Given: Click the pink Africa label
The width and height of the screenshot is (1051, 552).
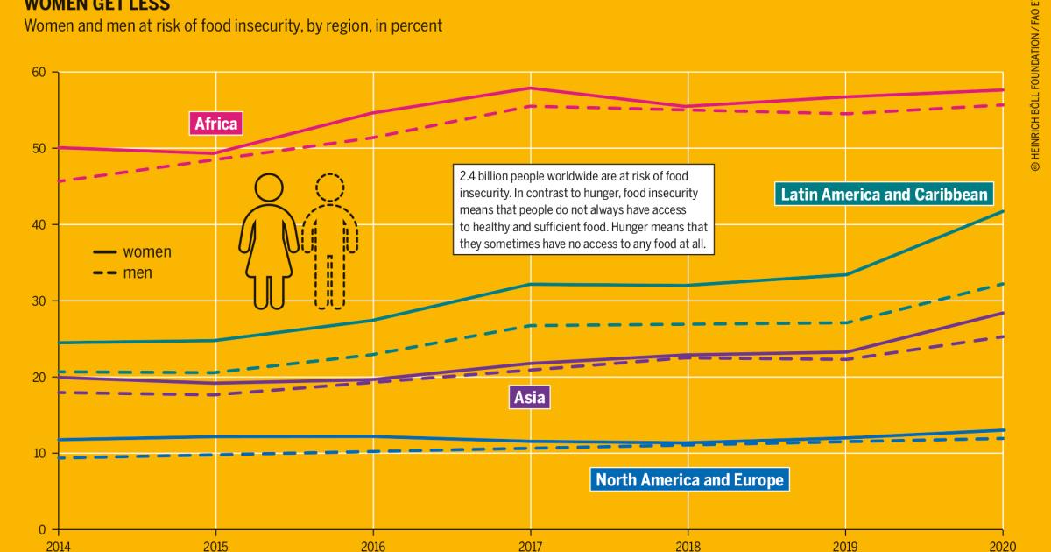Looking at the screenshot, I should tap(215, 124).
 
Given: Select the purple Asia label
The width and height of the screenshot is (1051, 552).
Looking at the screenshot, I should tap(530, 398).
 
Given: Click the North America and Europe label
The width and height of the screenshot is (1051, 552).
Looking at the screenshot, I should tap(689, 479).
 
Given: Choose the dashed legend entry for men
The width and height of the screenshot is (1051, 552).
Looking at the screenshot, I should tap(123, 273).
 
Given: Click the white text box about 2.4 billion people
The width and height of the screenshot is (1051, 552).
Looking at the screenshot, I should tap(584, 209).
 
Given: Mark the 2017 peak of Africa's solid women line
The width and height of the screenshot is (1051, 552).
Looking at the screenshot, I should tap(530, 88).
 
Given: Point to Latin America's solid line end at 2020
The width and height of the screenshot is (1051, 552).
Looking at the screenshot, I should tap(1003, 211).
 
